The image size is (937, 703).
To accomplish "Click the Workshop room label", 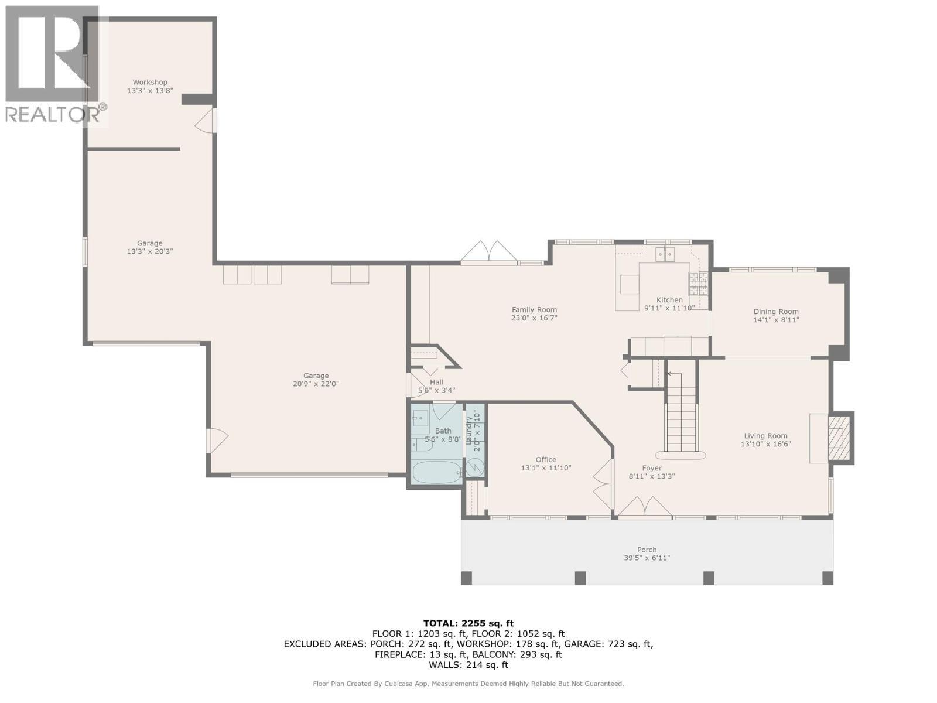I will pos(150,83).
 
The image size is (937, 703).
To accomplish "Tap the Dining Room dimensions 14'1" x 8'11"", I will pos(776,320).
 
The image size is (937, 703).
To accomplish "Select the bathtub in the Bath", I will pos(436,472).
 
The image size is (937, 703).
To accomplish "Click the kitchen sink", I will pos(665,254).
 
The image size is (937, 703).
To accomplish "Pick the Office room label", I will pos(546,460).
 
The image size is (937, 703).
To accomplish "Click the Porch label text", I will pos(647,550).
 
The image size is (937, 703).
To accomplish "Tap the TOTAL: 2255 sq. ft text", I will pos(468,623).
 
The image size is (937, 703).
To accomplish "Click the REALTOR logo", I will pos(53,64).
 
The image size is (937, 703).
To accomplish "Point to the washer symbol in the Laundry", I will pos(475,467).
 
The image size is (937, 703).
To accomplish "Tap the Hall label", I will pos(436,382).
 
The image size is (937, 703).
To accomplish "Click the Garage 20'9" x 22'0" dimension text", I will pos(316,384).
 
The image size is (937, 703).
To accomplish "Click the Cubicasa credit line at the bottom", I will pos(468,684).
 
